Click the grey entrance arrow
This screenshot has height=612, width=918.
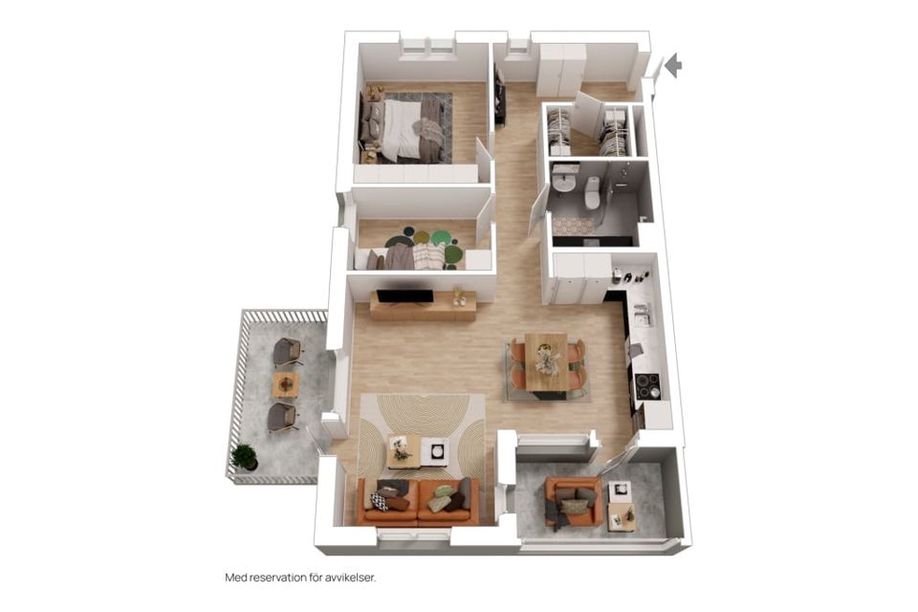(x=674, y=65)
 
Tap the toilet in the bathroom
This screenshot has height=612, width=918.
(x=592, y=192)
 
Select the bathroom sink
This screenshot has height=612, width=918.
(x=564, y=181)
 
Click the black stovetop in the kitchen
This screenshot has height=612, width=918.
(x=647, y=384)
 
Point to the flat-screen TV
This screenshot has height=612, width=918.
(x=404, y=297)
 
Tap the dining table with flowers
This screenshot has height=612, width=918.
(x=546, y=361)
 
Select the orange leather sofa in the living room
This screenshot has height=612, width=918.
(x=418, y=502)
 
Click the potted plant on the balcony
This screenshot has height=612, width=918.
(x=244, y=457)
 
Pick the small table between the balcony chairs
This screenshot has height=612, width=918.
(x=286, y=384)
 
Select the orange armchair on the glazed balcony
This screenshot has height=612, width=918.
(x=573, y=501)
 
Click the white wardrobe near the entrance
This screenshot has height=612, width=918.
(x=562, y=70)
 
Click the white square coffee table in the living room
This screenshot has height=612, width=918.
(x=436, y=451)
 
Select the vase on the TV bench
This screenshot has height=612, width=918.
(x=457, y=296)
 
